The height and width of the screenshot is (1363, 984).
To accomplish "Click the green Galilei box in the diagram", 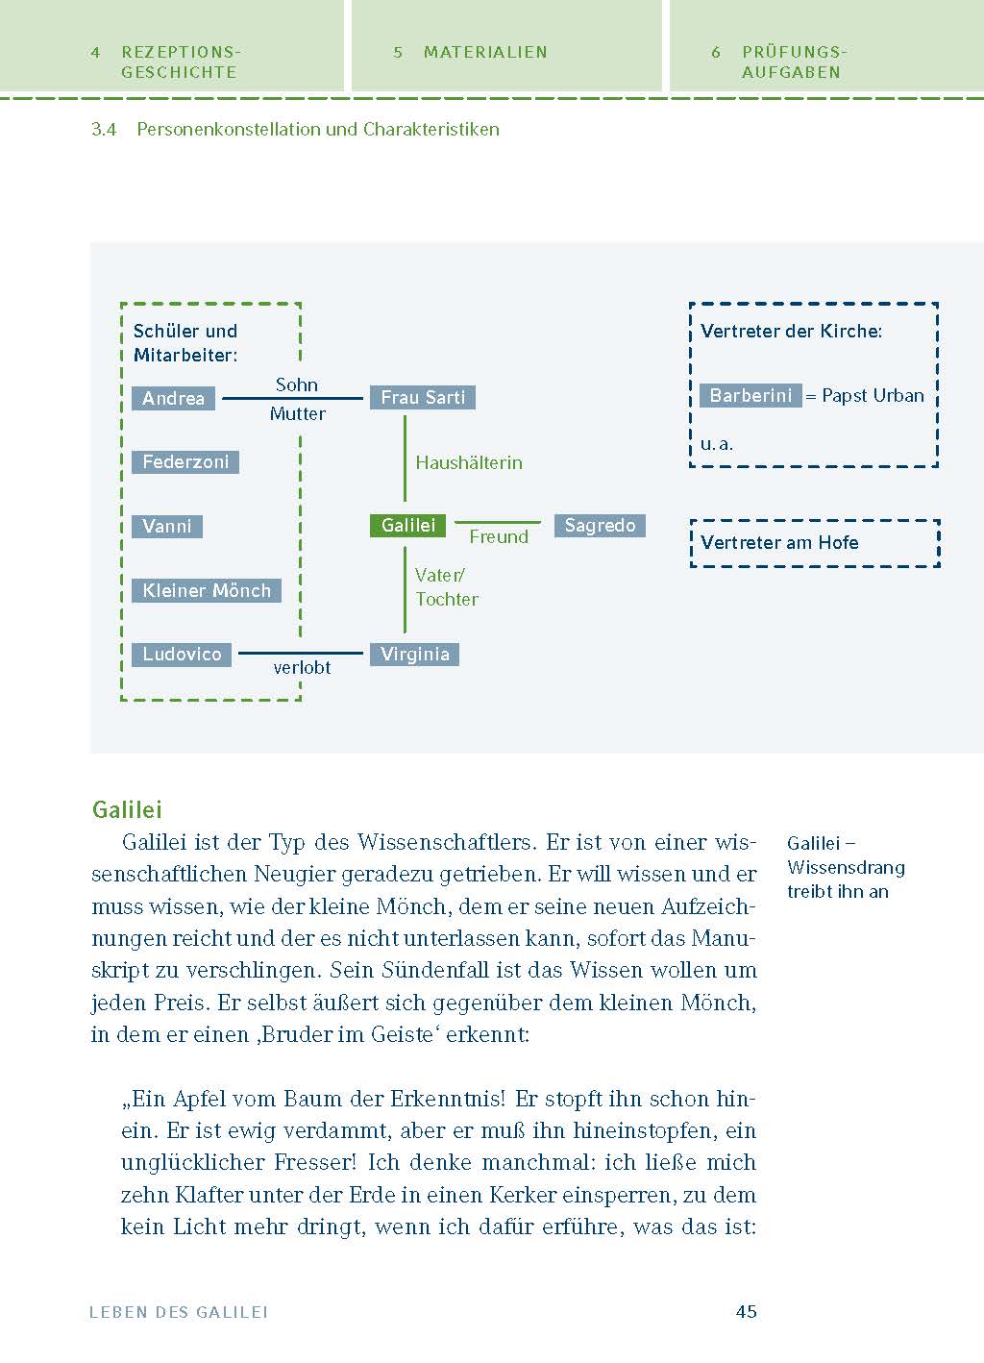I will (407, 525).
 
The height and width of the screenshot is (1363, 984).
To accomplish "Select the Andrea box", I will (173, 398).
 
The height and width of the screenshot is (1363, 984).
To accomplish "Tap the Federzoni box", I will (185, 462).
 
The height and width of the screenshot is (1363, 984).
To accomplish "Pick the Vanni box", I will (167, 527).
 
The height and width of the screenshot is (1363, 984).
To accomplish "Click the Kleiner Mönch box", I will (207, 590).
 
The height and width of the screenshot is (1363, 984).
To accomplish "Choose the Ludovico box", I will (182, 655).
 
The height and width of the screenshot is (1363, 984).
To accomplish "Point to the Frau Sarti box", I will (423, 397).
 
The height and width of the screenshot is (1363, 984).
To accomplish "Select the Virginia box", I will (415, 655).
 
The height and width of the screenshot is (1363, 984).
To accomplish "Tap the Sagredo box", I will (600, 526).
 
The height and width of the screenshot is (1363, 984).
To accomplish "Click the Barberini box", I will (750, 395).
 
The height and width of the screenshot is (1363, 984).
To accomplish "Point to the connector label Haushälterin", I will (469, 462).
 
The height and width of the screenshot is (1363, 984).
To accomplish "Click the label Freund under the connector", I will (499, 537).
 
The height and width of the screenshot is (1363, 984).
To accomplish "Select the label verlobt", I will (302, 667).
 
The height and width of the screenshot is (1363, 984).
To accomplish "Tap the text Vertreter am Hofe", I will (779, 542).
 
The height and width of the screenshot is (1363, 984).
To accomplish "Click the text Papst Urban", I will (873, 395).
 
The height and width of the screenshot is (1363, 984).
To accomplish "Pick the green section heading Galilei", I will (127, 808).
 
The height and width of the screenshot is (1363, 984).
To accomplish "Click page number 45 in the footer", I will (747, 1311).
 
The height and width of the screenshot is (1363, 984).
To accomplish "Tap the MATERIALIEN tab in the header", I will (485, 52).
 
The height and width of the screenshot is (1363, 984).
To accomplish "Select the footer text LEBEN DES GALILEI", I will (179, 1311).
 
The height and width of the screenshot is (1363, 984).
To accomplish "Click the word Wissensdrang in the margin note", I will (846, 867).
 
